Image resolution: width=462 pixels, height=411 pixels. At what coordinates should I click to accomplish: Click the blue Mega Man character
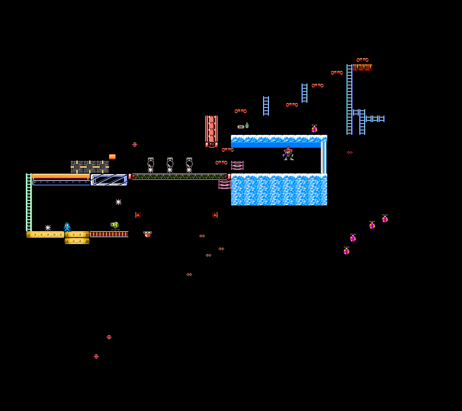point(67,227)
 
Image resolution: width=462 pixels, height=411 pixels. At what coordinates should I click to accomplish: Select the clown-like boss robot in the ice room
point(288,154)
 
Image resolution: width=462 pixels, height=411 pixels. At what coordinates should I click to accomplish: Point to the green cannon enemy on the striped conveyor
point(115,225)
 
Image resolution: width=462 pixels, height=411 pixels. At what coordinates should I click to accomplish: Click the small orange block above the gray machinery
point(112,157)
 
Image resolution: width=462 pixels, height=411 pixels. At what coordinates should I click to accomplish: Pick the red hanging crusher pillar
point(211,131)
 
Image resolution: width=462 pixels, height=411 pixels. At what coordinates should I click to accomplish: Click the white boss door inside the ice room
point(323,157)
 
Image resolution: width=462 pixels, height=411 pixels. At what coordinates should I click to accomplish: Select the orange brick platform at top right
point(362,67)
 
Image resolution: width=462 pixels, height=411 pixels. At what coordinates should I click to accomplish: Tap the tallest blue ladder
point(349,99)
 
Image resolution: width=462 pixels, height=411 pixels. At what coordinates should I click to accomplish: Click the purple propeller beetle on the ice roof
point(314,129)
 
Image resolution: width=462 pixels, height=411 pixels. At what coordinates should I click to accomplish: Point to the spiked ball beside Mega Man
point(48,228)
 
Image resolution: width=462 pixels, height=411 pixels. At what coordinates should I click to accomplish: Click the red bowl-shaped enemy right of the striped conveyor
point(148,234)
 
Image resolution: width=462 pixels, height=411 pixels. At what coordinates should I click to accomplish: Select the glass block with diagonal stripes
point(109,179)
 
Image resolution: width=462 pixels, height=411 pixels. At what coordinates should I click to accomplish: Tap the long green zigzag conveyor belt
point(179,177)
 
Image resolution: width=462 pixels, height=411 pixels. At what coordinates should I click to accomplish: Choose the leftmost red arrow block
point(138,215)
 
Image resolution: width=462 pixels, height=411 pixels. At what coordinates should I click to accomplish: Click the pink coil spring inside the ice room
point(237,165)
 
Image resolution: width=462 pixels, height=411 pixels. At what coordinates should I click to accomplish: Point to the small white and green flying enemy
point(243,126)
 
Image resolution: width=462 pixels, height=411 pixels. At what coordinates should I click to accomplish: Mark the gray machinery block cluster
point(90,167)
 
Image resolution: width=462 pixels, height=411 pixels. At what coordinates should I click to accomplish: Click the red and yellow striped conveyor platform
point(109,234)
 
